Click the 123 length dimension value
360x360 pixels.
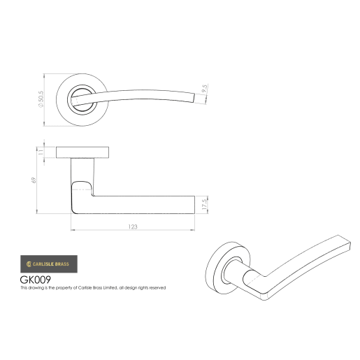pyautogui.click(x=133, y=225)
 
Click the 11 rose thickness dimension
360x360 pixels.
pyautogui.click(x=41, y=151)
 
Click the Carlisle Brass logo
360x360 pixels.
pyautogui.click(x=48, y=265)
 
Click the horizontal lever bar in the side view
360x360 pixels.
pyautogui.click(x=140, y=202)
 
